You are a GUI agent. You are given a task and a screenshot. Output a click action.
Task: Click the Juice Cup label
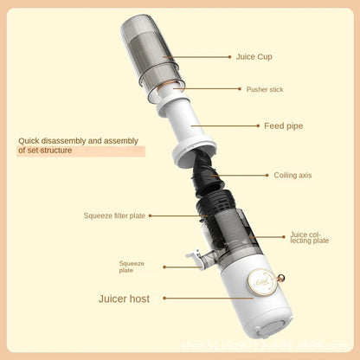[254, 57]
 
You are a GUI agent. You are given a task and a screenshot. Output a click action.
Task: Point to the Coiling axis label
[292, 175]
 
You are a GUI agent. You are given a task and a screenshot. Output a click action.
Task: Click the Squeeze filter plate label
[114, 215]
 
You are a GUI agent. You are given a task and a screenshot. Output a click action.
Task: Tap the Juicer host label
[124, 299]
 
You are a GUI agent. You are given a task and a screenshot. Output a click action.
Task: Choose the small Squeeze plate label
[132, 266]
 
